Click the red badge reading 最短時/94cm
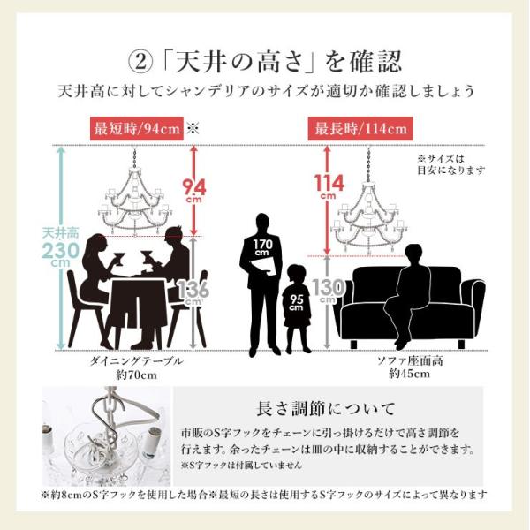click(x=136, y=128)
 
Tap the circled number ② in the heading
click(x=141, y=63)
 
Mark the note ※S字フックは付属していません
click(x=241, y=464)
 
